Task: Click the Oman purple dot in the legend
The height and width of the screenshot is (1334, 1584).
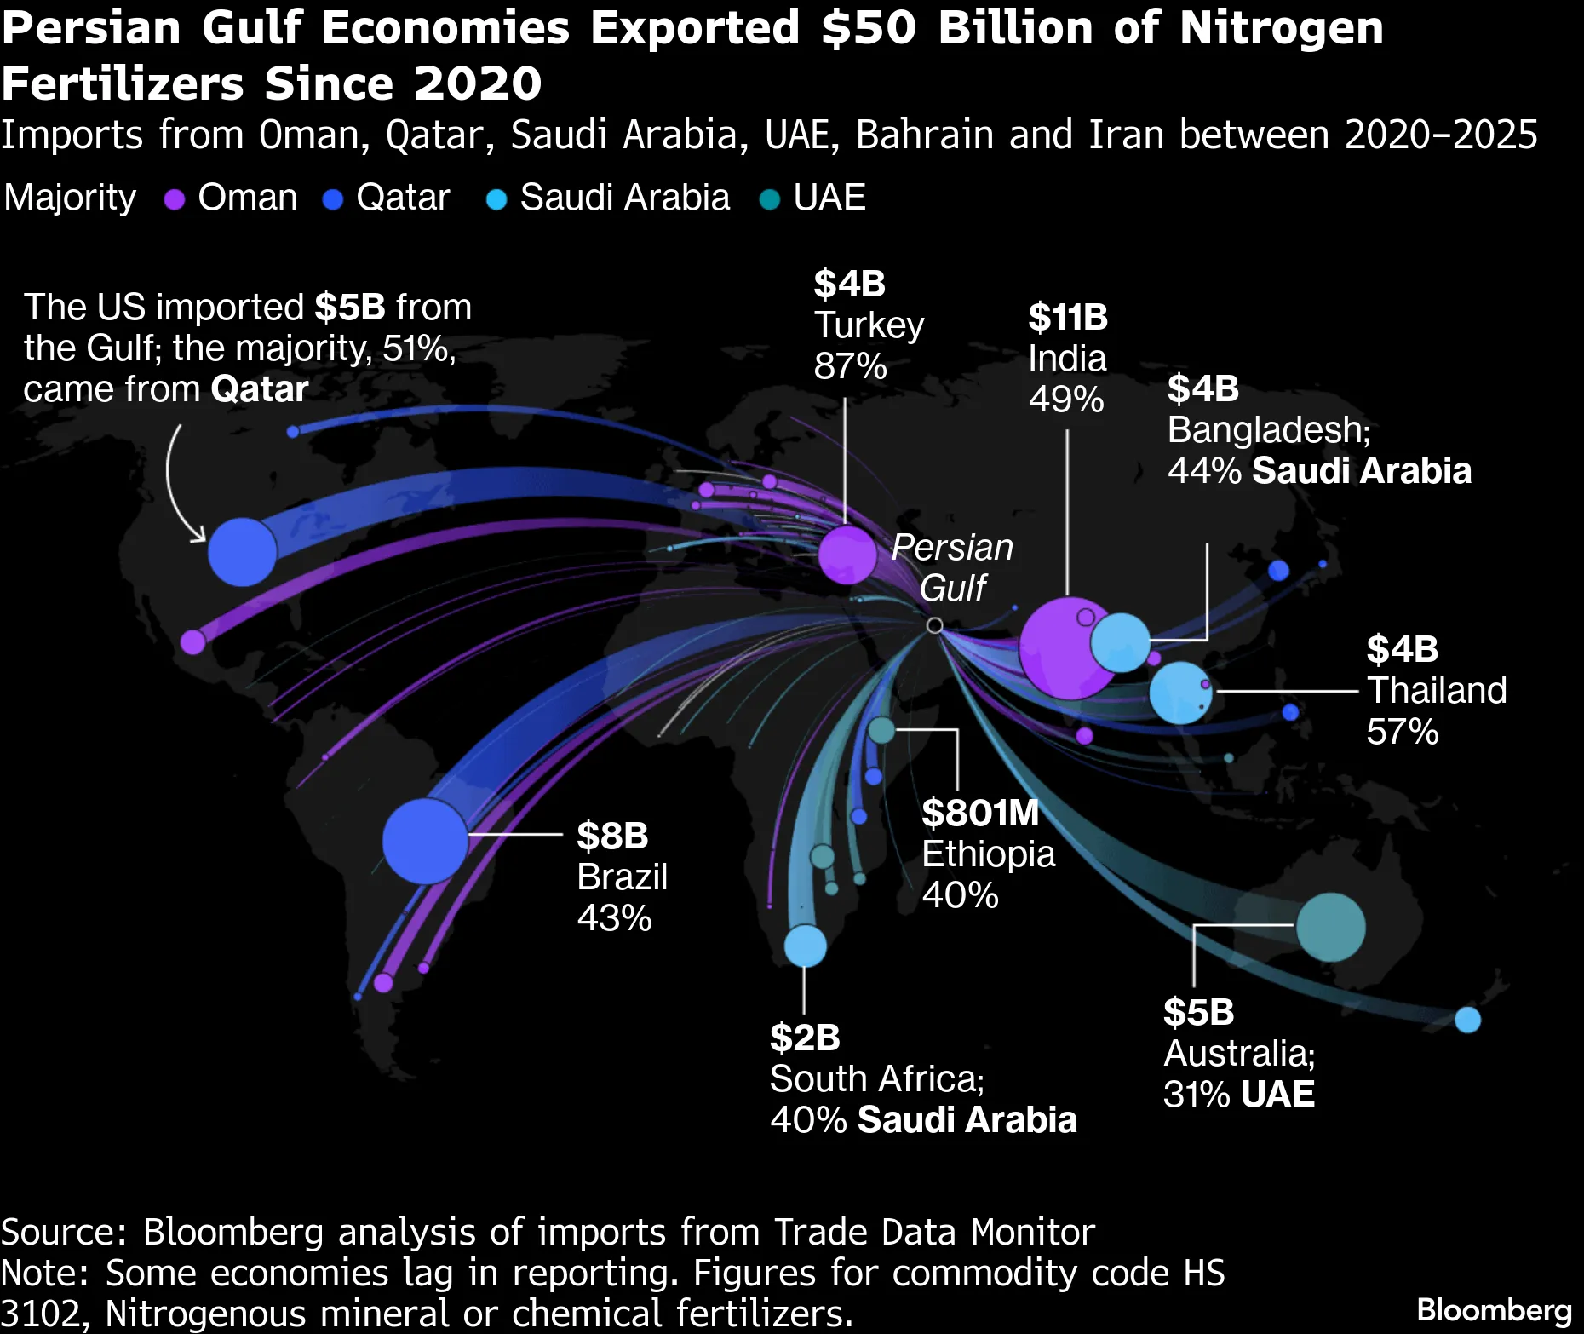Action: click(175, 199)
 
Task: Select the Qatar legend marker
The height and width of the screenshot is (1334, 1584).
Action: click(333, 199)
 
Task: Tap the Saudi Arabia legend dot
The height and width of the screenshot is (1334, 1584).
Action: click(496, 199)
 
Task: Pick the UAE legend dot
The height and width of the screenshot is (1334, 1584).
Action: click(770, 199)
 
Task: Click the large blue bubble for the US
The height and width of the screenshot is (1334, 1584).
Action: click(243, 552)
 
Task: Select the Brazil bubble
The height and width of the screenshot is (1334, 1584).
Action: click(425, 841)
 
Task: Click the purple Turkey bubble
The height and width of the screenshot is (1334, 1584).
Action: click(847, 555)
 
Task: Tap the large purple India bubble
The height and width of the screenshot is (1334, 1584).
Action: click(1065, 649)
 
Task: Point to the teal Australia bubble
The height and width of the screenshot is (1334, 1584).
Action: click(1330, 927)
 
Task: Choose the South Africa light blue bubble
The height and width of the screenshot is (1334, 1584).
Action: click(805, 946)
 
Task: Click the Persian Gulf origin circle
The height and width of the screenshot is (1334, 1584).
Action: click(934, 625)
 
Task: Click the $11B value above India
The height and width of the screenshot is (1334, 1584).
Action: click(1068, 318)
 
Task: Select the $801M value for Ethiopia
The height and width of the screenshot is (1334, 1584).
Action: click(980, 813)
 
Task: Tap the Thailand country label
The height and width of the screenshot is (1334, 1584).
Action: click(1437, 690)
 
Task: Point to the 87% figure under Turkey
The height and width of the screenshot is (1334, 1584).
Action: click(850, 366)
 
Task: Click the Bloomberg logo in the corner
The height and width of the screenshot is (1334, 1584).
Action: click(1494, 1310)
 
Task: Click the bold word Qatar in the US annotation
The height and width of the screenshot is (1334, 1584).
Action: click(259, 389)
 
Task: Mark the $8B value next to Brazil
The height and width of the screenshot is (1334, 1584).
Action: click(612, 836)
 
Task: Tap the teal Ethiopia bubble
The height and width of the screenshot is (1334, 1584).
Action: click(881, 730)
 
